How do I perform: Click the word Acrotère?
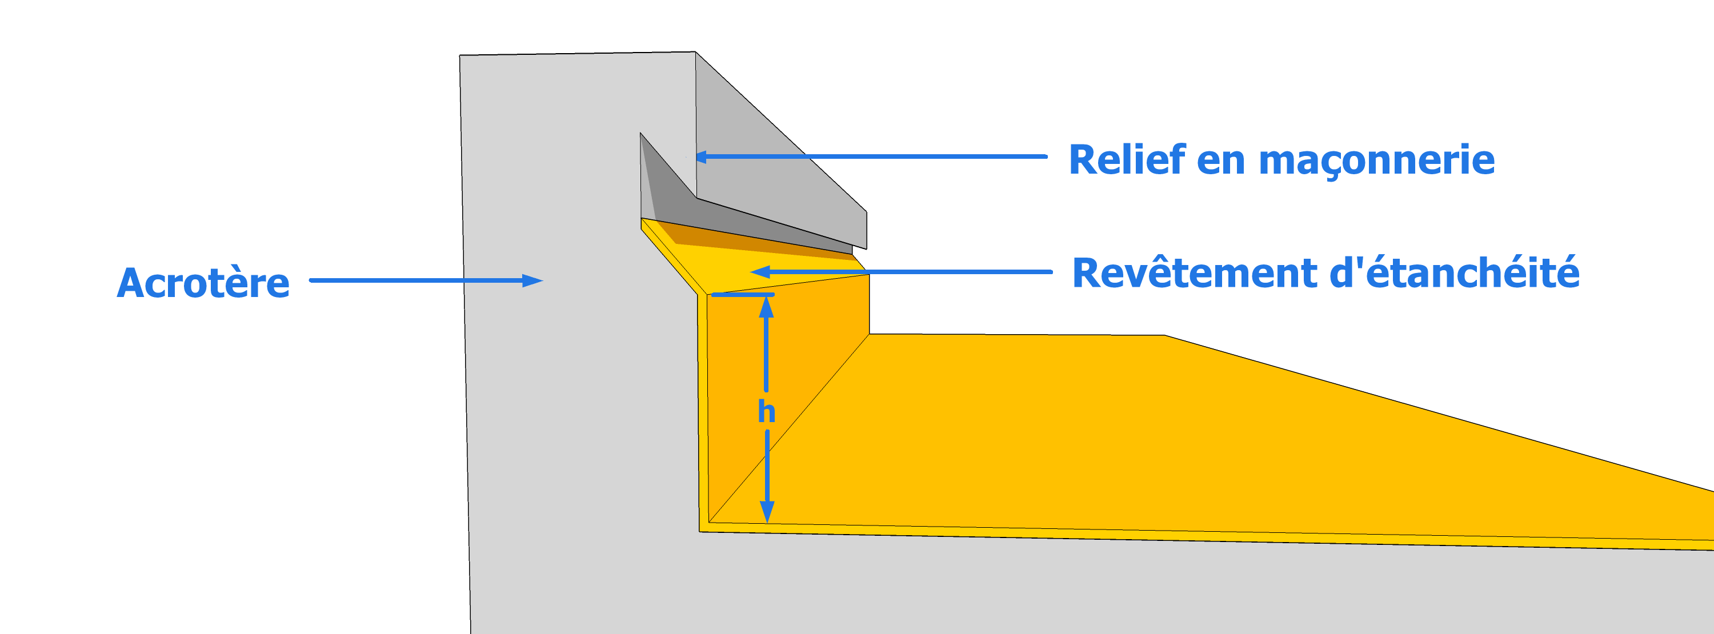[203, 283]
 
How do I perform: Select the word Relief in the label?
[1127, 160]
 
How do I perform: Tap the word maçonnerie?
[1377, 162]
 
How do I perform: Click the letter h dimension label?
[767, 412]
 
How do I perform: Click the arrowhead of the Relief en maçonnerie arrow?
[701, 158]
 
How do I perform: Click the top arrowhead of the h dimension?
[767, 307]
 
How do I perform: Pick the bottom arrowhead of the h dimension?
[767, 512]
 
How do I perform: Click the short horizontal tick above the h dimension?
[743, 294]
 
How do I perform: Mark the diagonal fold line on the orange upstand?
[788, 429]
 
